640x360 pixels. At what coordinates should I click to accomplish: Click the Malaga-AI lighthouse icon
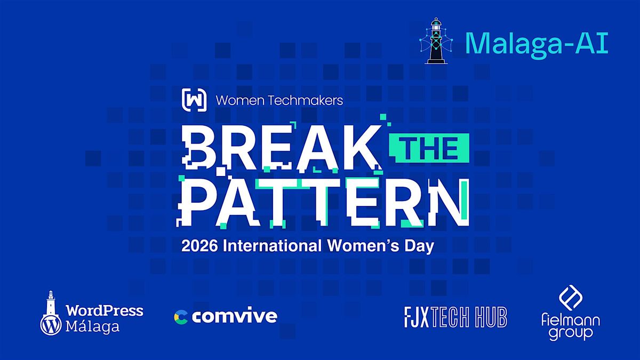click(436, 41)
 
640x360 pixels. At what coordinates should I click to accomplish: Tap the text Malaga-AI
click(537, 44)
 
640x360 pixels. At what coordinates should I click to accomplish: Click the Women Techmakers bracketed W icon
click(194, 100)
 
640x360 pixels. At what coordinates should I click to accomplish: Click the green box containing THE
click(429, 148)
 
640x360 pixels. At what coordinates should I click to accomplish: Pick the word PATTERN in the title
click(323, 202)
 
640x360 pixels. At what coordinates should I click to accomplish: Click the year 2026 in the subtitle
click(199, 246)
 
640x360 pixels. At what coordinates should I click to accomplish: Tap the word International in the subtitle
click(272, 246)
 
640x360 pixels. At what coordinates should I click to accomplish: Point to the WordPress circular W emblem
click(51, 325)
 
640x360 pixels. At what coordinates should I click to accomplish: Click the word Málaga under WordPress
click(92, 327)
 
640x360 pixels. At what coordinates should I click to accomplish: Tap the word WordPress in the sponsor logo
click(105, 310)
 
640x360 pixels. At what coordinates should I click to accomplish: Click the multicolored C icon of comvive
click(181, 317)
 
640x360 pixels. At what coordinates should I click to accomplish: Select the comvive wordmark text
click(235, 316)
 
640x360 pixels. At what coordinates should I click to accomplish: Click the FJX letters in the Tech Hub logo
click(417, 317)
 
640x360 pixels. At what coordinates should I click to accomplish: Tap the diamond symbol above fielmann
click(571, 298)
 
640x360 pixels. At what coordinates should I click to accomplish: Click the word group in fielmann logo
click(571, 333)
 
